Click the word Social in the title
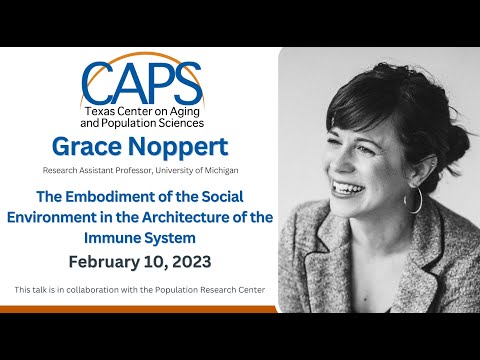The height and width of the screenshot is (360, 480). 234,198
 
